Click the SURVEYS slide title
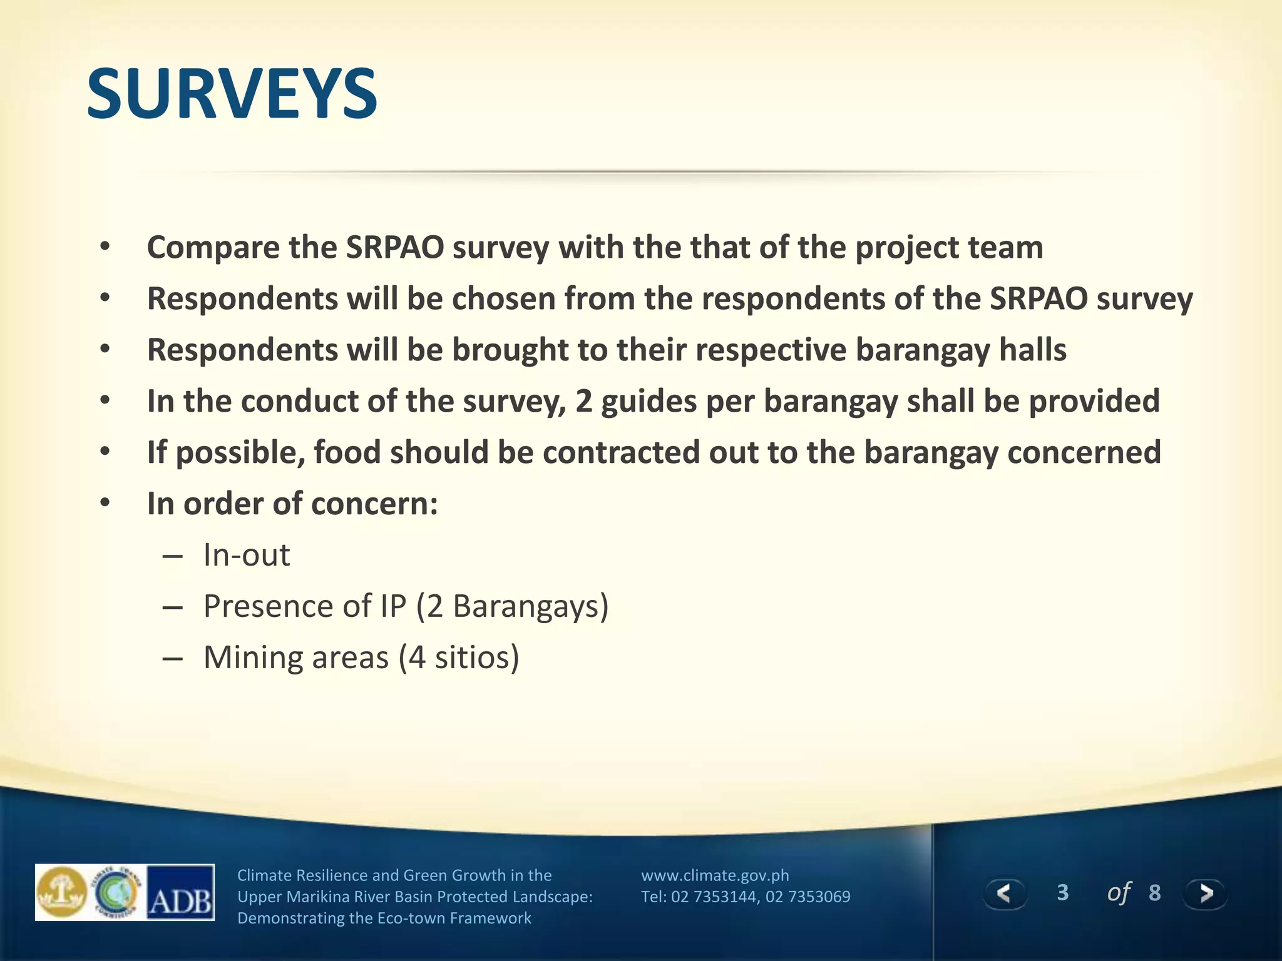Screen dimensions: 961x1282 tap(232, 94)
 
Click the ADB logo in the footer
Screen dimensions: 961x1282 tap(180, 893)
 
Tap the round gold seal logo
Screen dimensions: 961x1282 tap(62, 892)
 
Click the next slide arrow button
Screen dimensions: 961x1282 tap(1206, 893)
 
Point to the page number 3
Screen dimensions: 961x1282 tap(1062, 893)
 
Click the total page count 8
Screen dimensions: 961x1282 tap(1155, 893)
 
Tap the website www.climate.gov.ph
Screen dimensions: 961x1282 tap(715, 875)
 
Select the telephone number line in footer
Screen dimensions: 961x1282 tap(745, 897)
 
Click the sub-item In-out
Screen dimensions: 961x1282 tap(247, 555)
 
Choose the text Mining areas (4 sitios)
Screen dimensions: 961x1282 tap(361, 658)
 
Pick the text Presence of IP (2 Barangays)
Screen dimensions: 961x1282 tap(406, 606)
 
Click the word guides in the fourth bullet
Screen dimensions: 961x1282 tap(649, 401)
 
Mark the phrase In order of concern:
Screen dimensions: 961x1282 tap(292, 504)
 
